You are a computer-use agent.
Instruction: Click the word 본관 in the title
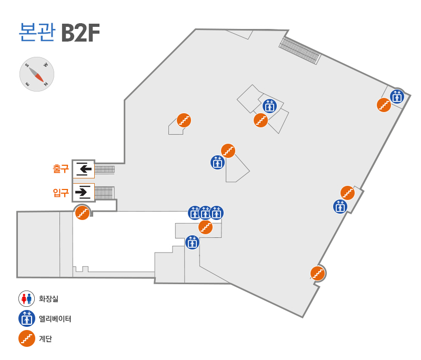click(37, 32)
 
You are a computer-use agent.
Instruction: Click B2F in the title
click(81, 33)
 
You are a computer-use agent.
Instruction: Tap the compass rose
click(37, 74)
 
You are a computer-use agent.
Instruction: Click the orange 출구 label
click(61, 169)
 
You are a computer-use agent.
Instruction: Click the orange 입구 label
click(61, 193)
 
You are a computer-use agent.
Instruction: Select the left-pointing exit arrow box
click(84, 169)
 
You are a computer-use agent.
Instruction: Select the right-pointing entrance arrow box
click(84, 192)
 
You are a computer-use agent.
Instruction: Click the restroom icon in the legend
click(27, 298)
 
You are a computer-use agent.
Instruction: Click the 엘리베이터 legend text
click(55, 318)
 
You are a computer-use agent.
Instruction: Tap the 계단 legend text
click(45, 338)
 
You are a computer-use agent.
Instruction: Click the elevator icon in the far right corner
click(397, 97)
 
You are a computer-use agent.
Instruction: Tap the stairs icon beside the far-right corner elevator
click(384, 105)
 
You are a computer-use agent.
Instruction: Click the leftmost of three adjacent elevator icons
click(195, 213)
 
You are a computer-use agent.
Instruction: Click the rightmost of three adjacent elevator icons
click(217, 213)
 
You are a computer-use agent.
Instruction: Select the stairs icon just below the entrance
click(83, 213)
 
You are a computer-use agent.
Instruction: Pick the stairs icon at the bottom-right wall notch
click(318, 274)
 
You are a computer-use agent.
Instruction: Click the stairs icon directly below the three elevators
click(206, 227)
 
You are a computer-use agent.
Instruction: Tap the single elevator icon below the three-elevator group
click(192, 243)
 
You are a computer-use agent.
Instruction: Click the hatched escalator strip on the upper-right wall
click(299, 51)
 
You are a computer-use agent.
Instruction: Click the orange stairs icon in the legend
click(27, 338)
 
